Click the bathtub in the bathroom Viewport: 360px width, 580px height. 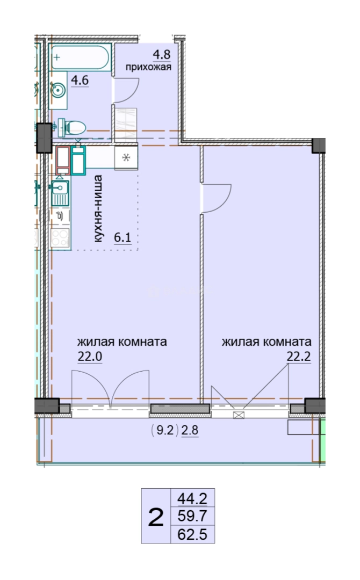click(80, 57)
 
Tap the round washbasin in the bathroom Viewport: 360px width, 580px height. click(57, 90)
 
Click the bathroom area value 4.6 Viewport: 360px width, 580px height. click(80, 80)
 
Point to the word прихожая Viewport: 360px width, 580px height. click(148, 67)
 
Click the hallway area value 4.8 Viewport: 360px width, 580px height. click(162, 54)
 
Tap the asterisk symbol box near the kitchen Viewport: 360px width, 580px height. click(126, 158)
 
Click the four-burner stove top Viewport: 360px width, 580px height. click(60, 237)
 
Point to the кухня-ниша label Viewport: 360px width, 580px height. click(98, 209)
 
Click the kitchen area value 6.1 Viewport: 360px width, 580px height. click(123, 237)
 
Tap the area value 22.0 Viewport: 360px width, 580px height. click(90, 357)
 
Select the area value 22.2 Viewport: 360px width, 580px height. click(299, 357)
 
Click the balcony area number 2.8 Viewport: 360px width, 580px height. click(190, 431)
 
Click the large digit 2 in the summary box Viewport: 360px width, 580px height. click(156, 517)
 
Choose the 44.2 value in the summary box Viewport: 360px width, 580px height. click(192, 498)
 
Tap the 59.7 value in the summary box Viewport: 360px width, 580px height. click(192, 515)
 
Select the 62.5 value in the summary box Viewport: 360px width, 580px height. click(192, 534)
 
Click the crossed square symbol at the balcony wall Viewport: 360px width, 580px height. click(239, 415)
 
